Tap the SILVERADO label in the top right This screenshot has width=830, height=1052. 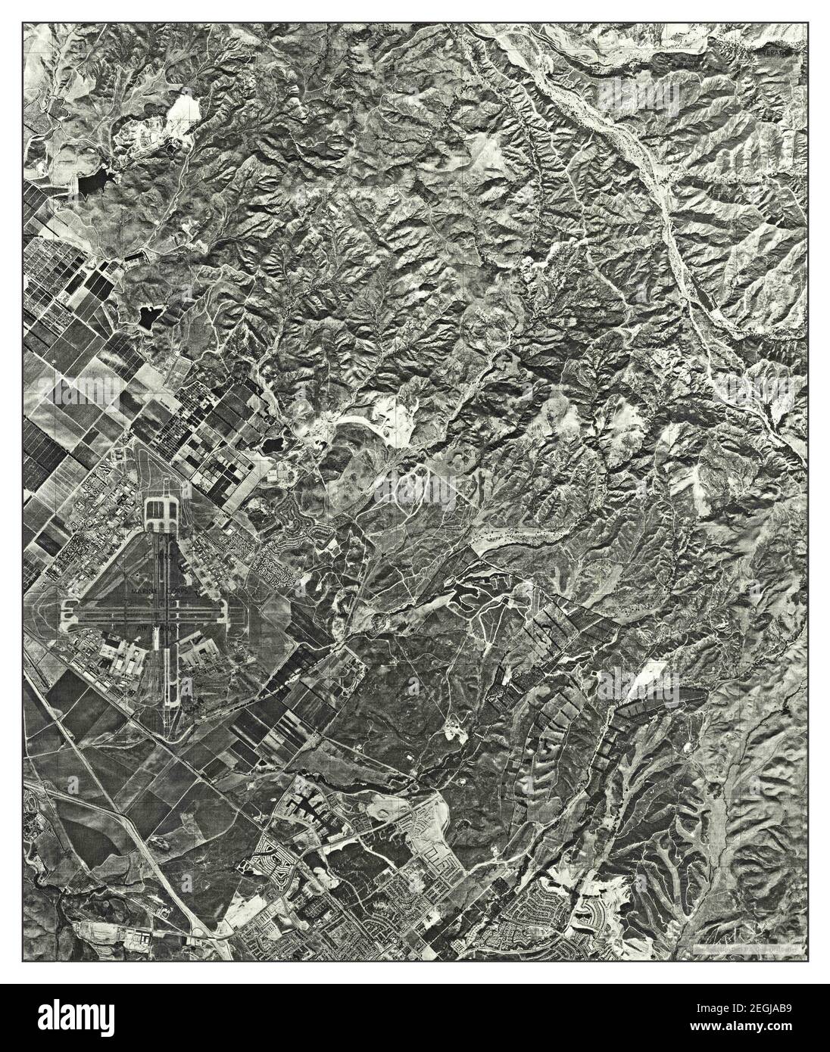point(780,54)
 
